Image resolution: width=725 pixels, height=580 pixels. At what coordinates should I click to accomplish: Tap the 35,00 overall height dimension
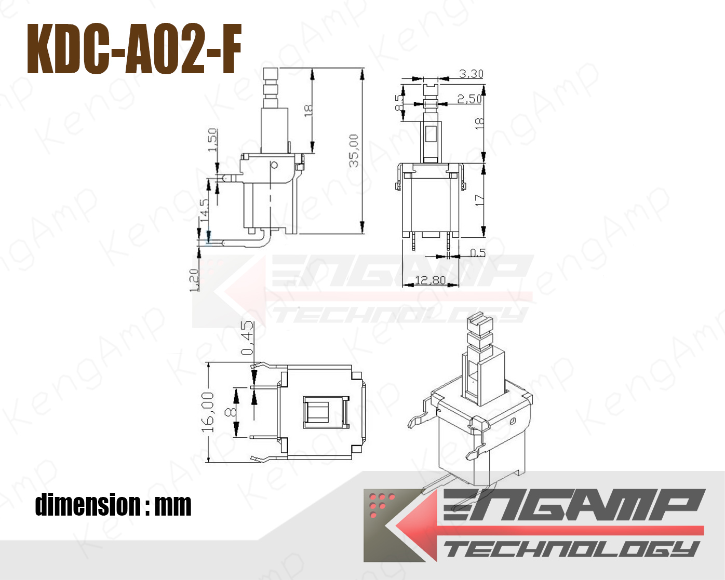[354, 151]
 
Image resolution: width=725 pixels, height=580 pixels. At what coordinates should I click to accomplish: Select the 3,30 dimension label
[471, 74]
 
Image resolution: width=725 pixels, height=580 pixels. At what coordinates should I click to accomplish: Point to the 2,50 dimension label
[469, 99]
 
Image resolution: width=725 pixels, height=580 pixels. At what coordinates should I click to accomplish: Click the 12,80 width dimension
[431, 280]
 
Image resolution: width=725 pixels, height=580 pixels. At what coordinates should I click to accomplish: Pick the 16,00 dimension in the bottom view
[208, 412]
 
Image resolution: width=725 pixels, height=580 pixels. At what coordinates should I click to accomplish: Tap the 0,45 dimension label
[248, 338]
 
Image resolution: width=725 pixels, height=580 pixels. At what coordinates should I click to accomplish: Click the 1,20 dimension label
[195, 280]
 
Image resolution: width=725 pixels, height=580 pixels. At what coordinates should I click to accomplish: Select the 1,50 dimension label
[212, 140]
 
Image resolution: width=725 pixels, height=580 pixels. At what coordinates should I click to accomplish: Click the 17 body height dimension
[479, 200]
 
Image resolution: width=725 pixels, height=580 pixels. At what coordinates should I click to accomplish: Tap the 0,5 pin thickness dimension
[477, 253]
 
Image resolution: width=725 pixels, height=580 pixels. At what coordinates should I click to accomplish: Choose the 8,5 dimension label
[399, 103]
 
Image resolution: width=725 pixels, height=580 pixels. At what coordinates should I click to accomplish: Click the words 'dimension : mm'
[113, 505]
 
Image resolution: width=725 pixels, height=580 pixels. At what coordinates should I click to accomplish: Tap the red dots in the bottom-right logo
[381, 504]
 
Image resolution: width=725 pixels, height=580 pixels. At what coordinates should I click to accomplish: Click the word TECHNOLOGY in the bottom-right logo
[571, 549]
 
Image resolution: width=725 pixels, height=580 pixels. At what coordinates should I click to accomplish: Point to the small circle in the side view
[274, 166]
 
